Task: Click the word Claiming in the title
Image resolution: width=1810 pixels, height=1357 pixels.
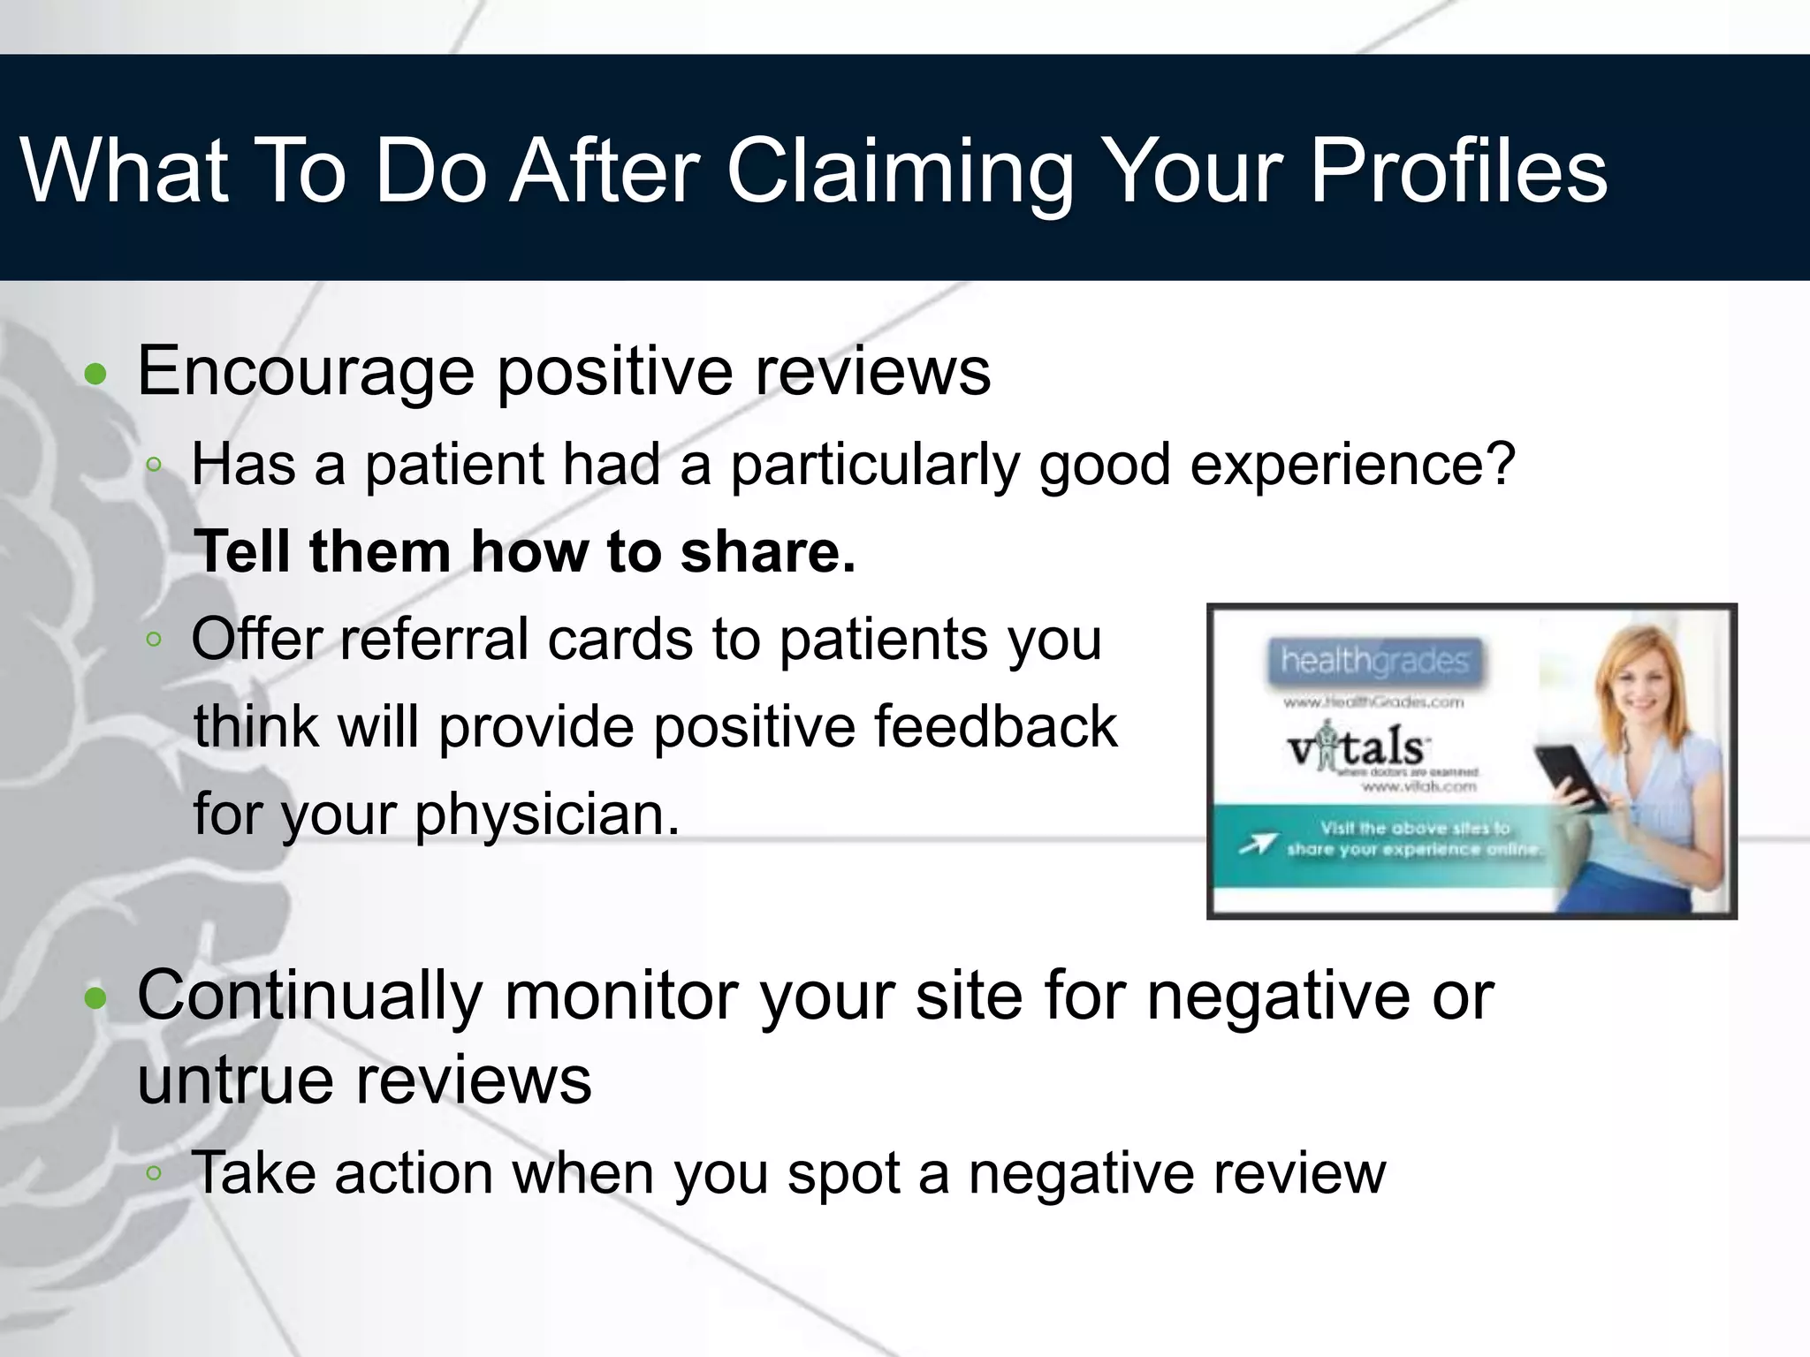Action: (x=899, y=172)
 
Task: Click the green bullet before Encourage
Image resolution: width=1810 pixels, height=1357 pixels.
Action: (x=95, y=375)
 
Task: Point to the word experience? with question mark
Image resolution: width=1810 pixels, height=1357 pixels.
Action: (x=1352, y=466)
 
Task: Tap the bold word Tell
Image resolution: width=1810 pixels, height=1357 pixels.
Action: (x=241, y=552)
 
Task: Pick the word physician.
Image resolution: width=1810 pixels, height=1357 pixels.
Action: (x=547, y=815)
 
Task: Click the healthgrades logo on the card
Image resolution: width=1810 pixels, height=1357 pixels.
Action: (x=1373, y=661)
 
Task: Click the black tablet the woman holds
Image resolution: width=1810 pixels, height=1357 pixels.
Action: (x=1570, y=777)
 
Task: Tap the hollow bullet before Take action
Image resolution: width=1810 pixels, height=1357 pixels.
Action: (x=154, y=1173)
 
